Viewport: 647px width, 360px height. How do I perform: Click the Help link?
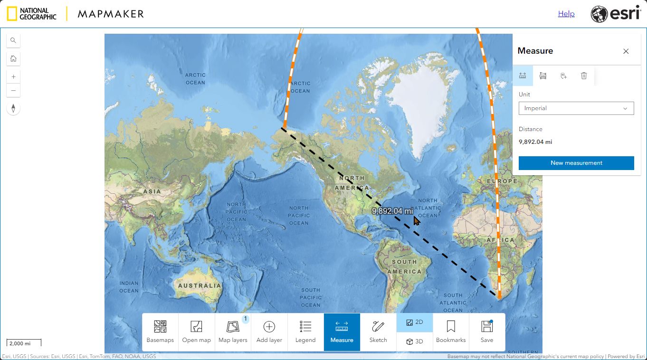click(x=566, y=14)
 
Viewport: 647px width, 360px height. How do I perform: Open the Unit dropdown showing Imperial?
click(x=576, y=108)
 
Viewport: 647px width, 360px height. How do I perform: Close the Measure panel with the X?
click(x=626, y=51)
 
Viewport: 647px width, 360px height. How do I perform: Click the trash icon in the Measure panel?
click(x=584, y=76)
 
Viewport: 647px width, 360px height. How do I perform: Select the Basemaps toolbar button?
click(x=160, y=332)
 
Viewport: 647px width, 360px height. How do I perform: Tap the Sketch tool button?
click(x=378, y=332)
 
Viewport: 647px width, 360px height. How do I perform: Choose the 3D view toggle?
click(x=414, y=341)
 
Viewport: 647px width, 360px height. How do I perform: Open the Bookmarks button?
click(x=451, y=332)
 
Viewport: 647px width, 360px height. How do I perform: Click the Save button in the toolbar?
click(x=486, y=332)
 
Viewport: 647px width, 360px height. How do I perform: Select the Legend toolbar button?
click(x=305, y=332)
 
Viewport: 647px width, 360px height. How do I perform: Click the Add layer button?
click(x=269, y=332)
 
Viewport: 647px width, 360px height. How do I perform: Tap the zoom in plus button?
click(x=13, y=76)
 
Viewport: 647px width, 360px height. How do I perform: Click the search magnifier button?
click(x=13, y=40)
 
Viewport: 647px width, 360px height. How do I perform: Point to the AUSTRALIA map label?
click(x=200, y=286)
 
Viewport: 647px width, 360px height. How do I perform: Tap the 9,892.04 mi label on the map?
click(x=392, y=211)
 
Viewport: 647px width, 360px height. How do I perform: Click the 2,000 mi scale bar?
click(x=24, y=343)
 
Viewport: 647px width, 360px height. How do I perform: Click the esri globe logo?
click(x=599, y=14)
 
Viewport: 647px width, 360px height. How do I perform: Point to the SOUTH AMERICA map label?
click(x=404, y=266)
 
